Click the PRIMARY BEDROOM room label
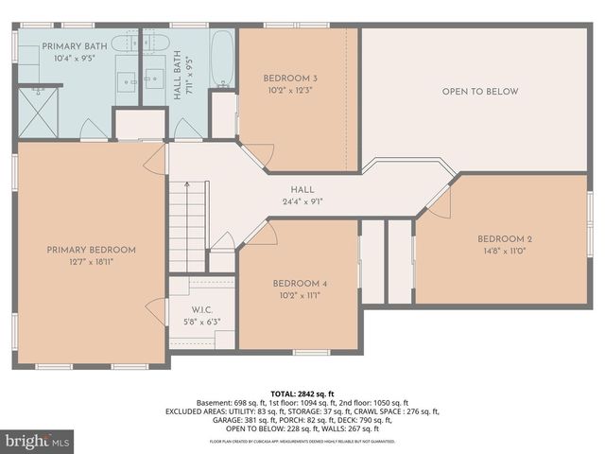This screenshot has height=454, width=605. pos(92,250)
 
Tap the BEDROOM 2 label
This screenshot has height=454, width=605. pos(505,238)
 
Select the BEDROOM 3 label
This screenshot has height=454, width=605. pos(290,78)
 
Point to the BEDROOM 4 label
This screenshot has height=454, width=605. pos(300,284)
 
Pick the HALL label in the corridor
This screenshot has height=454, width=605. pos(302,189)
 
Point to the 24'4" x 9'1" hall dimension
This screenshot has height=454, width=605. pos(302,201)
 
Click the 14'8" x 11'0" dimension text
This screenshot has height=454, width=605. pos(505,251)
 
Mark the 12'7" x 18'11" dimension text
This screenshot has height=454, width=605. pos(92,262)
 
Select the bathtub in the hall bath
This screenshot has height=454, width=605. pos(222,59)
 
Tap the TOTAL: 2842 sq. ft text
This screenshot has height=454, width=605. pos(302,393)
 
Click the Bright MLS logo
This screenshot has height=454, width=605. pos(38,441)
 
